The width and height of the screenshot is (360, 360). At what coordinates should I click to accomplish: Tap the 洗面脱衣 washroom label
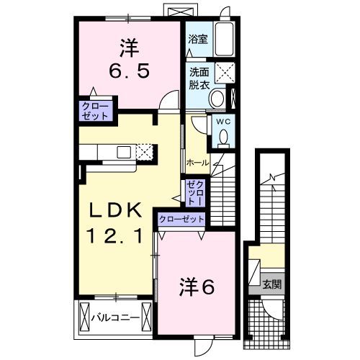199,78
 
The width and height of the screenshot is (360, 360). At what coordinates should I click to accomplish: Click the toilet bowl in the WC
223,135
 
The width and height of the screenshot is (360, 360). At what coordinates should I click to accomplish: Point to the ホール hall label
197,163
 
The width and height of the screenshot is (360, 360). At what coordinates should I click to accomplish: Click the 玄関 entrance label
271,283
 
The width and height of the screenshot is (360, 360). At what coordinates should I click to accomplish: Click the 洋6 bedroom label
197,287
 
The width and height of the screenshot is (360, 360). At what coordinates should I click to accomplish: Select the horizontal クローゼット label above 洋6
180,220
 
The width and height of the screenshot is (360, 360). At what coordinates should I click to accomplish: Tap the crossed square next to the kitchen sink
145,151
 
